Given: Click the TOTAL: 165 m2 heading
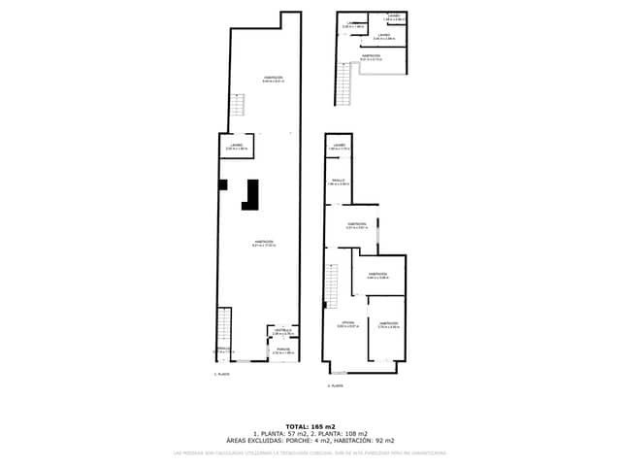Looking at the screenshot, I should pos(310,426).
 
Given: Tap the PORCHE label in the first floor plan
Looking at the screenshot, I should pos(282,350).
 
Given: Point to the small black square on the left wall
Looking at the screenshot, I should pos(222,184).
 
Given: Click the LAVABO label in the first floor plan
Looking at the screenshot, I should pos(236,147).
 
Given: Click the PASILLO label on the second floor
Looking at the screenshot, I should pos(338,182).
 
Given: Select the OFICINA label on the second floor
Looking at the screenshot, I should pos(347,323).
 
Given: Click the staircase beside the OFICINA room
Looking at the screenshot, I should pos(331,282).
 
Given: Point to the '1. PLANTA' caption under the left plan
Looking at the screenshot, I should pos(222,373).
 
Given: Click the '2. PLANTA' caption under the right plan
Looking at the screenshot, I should pos(335,385).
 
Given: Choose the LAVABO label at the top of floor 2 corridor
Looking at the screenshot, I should pos(339,147).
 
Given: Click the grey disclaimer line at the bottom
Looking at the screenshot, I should pos(310,452).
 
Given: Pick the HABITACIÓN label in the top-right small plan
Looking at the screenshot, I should pos(371,56).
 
